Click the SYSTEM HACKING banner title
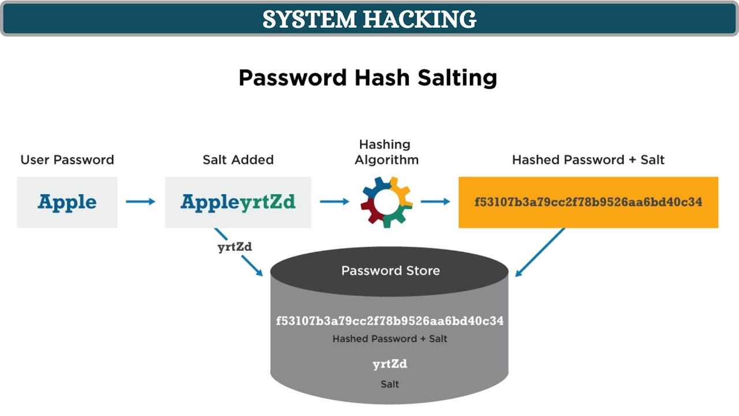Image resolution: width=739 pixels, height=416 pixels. click(369, 19)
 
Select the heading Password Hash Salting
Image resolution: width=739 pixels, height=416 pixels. click(368, 77)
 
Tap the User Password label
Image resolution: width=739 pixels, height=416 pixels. click(67, 159)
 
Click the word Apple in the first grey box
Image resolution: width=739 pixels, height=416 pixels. click(67, 202)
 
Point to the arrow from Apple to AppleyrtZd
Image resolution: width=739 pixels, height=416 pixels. click(141, 202)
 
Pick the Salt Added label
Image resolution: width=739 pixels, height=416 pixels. click(238, 159)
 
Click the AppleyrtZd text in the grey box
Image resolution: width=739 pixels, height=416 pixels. click(238, 202)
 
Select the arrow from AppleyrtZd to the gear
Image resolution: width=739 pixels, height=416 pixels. click(335, 202)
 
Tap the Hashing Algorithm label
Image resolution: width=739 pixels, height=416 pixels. click(386, 152)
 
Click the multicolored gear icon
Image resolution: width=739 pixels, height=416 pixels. click(386, 202)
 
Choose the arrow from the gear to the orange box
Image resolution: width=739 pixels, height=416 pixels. click(435, 202)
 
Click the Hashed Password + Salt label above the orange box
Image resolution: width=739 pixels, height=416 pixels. click(588, 159)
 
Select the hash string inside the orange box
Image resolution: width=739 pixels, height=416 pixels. click(588, 202)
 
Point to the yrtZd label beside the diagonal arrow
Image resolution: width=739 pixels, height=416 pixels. click(234, 247)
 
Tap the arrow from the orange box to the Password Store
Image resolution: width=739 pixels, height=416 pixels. click(539, 252)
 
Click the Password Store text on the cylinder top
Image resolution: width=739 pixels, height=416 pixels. click(390, 270)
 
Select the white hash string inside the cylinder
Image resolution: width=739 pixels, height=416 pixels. click(390, 321)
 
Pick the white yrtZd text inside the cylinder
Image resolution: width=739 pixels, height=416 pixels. click(390, 364)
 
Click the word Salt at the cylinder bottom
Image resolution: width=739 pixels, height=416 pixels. click(390, 384)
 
